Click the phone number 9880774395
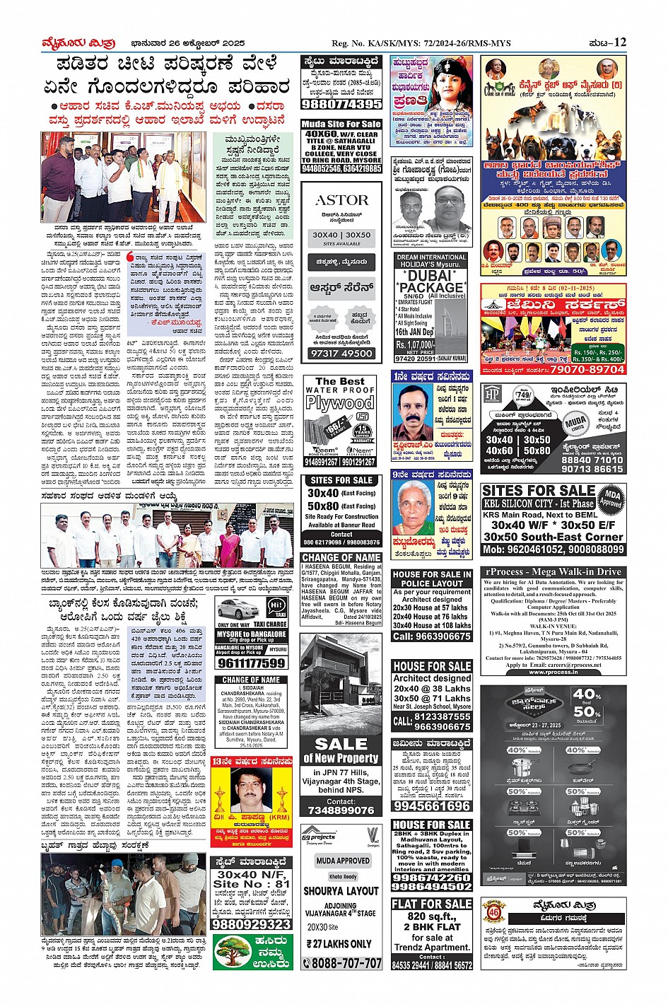pyautogui.click(x=341, y=104)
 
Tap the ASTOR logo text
pyautogui.click(x=341, y=200)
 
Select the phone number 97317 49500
pyautogui.click(x=341, y=353)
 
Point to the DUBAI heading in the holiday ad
pyautogui.click(x=431, y=275)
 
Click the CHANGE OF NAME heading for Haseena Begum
pyautogui.click(x=341, y=557)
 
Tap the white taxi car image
pyautogui.click(x=238, y=610)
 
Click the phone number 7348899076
pyautogui.click(x=341, y=810)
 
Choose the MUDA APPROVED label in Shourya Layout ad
pyautogui.click(x=342, y=861)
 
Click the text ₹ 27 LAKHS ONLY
pyautogui.click(x=341, y=943)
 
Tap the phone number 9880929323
pyautogui.click(x=251, y=924)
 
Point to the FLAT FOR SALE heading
pyautogui.click(x=431, y=904)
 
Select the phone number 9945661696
pyautogui.click(x=431, y=805)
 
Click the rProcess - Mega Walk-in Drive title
pyautogui.click(x=553, y=571)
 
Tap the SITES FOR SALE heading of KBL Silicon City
pyautogui.click(x=539, y=490)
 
